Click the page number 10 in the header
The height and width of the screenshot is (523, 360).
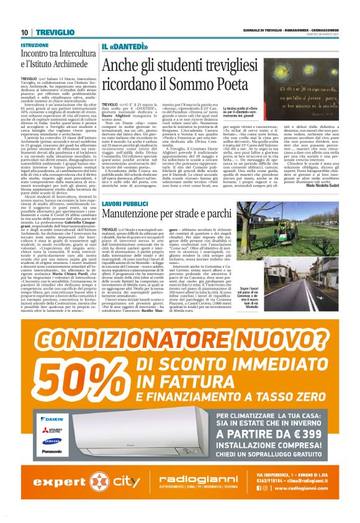point(25,32)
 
